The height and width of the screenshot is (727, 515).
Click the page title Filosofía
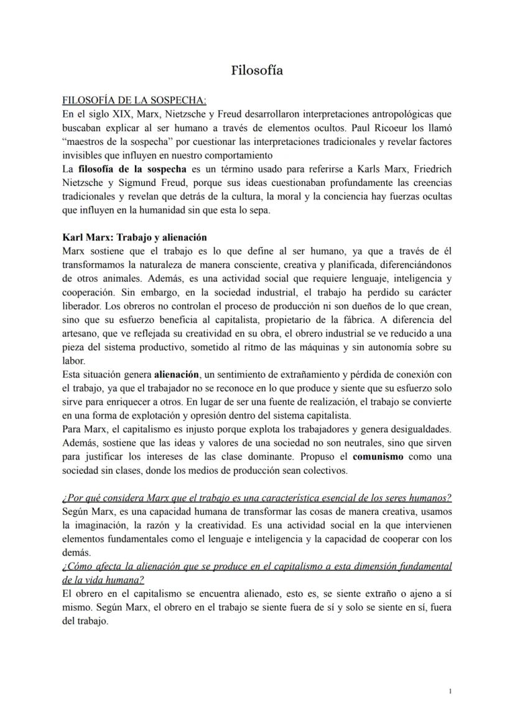click(257, 70)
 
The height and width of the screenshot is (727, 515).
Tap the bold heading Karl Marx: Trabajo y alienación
click(135, 238)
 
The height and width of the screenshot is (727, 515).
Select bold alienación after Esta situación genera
click(177, 374)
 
